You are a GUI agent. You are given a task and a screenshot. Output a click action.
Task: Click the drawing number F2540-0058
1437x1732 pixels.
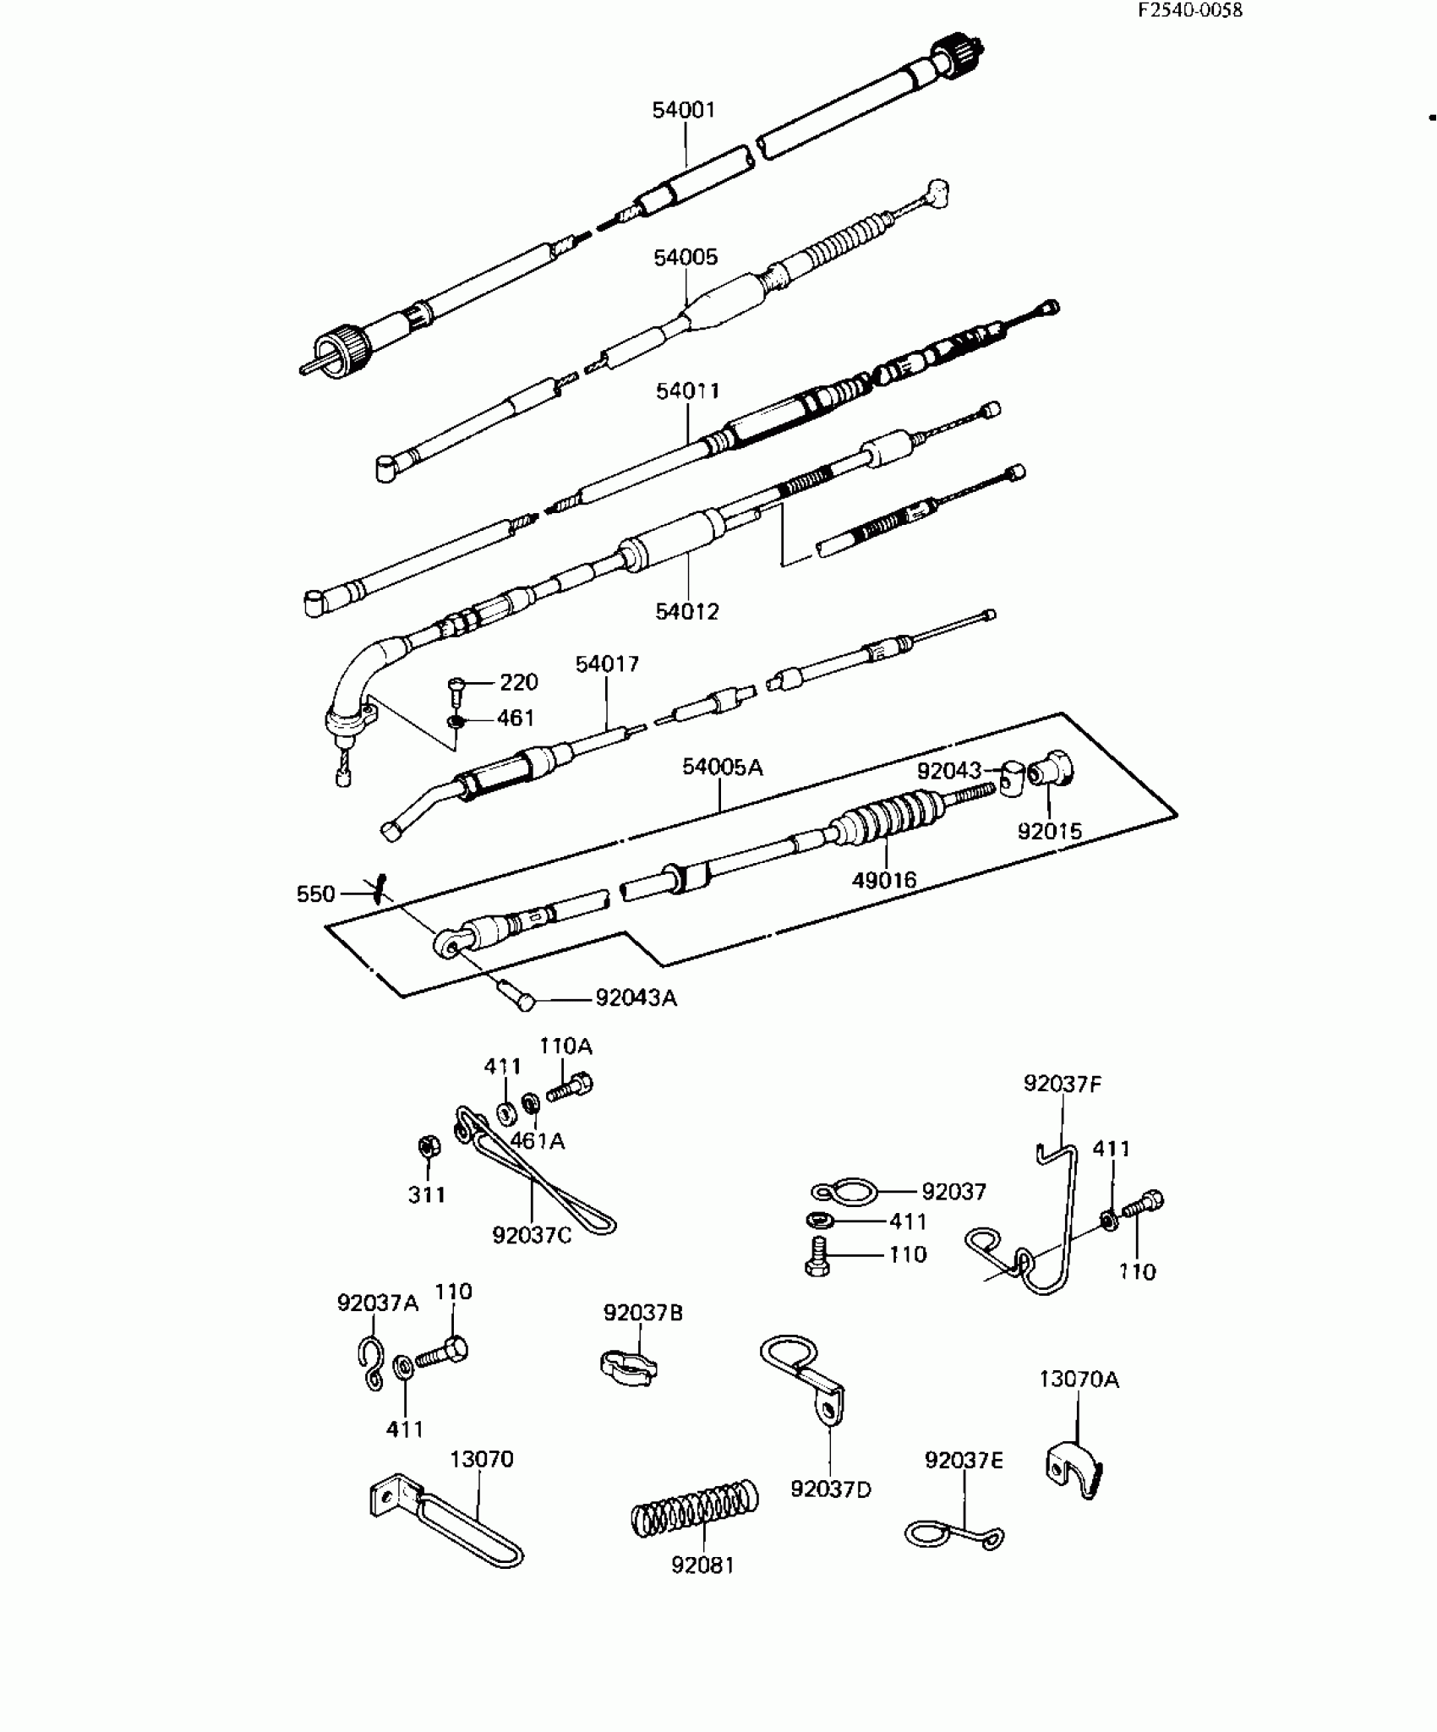point(1189,10)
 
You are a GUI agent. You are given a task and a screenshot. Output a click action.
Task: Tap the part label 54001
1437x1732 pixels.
point(683,110)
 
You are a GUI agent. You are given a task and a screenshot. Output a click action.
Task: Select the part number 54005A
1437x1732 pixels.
point(722,767)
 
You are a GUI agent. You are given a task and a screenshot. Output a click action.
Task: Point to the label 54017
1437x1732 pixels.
point(607,664)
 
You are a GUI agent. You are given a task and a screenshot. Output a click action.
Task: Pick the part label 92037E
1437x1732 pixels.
point(964,1461)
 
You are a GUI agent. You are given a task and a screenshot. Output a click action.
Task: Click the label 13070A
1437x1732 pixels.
point(1079,1380)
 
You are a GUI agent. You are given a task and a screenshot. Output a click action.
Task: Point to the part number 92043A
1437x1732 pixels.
point(636,998)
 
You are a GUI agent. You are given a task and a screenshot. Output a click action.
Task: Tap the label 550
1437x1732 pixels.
point(315,894)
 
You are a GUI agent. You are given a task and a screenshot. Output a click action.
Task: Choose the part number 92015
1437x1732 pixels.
point(1049,832)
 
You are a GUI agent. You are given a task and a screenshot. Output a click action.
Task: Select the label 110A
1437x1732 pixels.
point(566,1046)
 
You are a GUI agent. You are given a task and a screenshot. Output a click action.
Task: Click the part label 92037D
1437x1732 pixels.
point(830,1489)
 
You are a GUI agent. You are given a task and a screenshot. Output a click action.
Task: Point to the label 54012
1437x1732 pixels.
point(686,611)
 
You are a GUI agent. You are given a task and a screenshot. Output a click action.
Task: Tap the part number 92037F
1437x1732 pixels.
point(1063,1084)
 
